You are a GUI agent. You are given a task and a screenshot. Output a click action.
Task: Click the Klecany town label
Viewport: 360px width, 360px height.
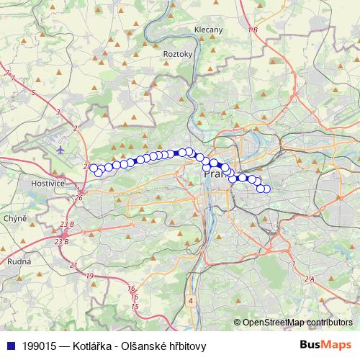coord(209,30)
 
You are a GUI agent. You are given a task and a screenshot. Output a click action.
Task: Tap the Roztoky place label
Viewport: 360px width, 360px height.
coord(178,54)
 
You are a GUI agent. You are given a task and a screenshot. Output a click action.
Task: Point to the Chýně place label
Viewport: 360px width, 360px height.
coord(15,218)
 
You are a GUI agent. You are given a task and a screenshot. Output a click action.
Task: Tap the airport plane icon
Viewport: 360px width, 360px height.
coord(59,150)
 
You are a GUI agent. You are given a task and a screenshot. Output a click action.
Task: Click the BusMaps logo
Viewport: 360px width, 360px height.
coord(326,344)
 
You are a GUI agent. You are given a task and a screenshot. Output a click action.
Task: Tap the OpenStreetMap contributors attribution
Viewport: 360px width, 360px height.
coord(297,323)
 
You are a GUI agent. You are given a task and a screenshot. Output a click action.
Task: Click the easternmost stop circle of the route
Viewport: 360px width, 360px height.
coord(266,189)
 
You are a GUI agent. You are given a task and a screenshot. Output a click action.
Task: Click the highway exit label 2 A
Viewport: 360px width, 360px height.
coord(310,279)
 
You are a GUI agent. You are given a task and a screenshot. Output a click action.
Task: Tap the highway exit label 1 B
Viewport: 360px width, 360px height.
coord(251,30)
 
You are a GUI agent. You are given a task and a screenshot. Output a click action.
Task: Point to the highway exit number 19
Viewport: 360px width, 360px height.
coord(89,276)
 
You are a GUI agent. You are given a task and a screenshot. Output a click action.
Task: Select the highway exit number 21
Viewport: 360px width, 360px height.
coord(73,266)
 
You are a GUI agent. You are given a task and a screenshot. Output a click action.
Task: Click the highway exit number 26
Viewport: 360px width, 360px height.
coord(78,198)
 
